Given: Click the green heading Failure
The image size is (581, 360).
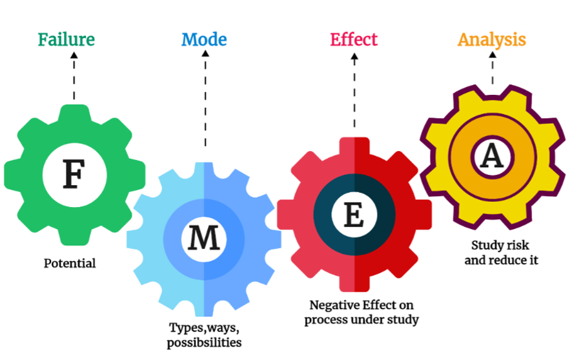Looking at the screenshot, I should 66,39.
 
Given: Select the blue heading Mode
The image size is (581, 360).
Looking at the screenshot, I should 204,39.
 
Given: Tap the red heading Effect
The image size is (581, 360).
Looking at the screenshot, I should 353,39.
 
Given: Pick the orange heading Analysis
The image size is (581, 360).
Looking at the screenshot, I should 492,39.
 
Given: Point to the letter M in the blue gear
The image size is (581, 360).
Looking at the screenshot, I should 204,239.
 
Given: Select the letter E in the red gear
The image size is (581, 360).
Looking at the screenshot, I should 353,215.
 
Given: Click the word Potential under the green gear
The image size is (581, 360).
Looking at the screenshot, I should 70,263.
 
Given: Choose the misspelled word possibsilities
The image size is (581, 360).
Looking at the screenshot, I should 204,342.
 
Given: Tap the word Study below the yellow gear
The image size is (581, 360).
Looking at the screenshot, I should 485,245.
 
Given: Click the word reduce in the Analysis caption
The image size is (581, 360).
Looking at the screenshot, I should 509,261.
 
